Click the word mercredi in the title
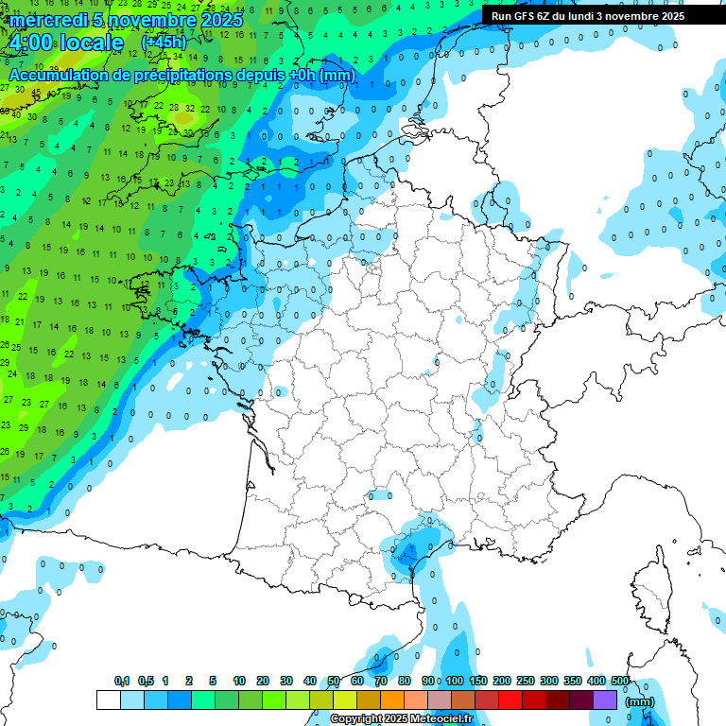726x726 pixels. tap(47, 20)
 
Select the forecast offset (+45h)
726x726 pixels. tap(164, 43)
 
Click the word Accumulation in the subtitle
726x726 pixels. tap(57, 75)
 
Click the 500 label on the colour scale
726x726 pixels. tap(620, 681)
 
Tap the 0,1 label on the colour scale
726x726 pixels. tap(122, 681)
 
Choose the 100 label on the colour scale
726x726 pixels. tap(455, 681)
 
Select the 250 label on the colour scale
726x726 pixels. tap(526, 681)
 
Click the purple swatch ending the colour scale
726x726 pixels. tap(605, 700)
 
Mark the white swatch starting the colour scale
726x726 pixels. tap(108, 700)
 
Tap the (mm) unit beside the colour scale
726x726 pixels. tap(640, 701)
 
